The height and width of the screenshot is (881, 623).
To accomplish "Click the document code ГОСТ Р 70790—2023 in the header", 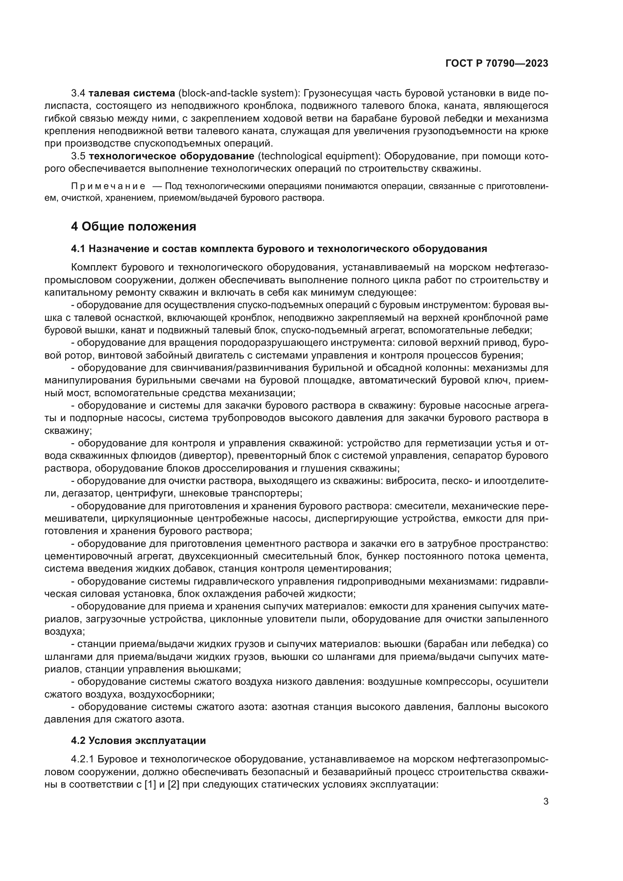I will tap(497, 63).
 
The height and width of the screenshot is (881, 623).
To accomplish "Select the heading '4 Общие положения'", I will tap(133, 226).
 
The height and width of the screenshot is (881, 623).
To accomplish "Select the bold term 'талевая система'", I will tap(131, 93).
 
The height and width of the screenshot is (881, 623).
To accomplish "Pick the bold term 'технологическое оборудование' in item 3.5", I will tap(171, 156).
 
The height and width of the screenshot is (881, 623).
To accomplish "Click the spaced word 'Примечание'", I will tap(108, 186).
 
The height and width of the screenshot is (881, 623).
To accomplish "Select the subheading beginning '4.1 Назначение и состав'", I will tap(279, 249).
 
